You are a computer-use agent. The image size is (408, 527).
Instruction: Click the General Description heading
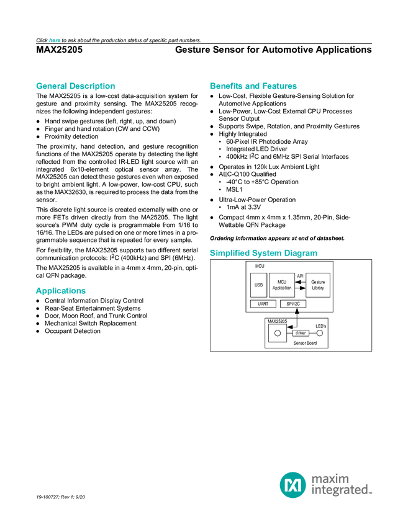pos(75,86)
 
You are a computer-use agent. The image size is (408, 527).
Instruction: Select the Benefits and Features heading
pos(253,86)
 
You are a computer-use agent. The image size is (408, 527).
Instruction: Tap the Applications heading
pos(60,291)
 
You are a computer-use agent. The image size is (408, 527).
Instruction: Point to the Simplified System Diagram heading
pos(263,253)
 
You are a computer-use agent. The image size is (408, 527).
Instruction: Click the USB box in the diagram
pos(258,285)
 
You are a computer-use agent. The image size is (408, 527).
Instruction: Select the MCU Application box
pos(282,285)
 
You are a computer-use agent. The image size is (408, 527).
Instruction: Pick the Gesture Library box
pos(318,285)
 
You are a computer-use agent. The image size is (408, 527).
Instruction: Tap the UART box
pos(263,304)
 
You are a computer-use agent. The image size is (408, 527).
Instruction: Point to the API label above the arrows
pos(300,275)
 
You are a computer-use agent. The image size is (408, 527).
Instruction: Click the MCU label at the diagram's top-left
pos(260,266)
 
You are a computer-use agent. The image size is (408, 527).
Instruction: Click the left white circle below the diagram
pos(278,333)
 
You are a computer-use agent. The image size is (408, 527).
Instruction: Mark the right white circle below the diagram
pos(320,333)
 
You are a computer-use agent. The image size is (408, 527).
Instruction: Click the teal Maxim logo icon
pos(292,484)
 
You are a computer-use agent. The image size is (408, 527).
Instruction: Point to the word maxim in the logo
pos(330,478)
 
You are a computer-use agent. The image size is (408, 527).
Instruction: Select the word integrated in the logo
pos(341,490)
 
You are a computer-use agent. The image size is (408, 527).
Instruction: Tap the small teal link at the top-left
pos(55,40)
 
